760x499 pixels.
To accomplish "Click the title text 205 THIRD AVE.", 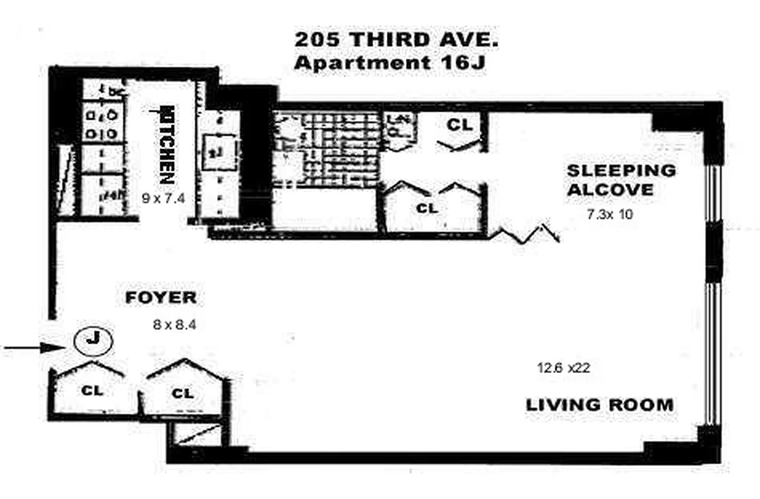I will (x=396, y=41).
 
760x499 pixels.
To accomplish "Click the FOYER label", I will (x=161, y=298).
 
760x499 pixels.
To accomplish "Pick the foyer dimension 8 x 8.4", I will (x=174, y=324).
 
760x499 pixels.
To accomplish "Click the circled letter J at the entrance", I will (x=91, y=340).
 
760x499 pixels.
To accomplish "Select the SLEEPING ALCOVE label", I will (x=620, y=180).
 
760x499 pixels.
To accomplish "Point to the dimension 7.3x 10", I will (x=610, y=215).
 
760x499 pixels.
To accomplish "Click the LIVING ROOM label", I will (x=600, y=404).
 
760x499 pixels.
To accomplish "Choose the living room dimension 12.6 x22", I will (x=563, y=368).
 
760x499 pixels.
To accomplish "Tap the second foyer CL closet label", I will (x=182, y=393).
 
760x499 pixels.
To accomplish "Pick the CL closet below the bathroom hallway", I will (x=428, y=208).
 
